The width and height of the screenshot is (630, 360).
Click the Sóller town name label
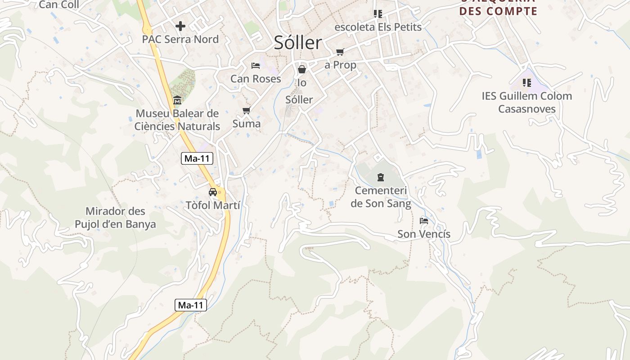coord(298,43)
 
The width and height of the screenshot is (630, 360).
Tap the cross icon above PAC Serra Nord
coord(180,26)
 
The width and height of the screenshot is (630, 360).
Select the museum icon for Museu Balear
coord(177,100)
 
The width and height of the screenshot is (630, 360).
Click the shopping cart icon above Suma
coord(246,110)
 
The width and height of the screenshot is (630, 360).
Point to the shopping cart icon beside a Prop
coord(340,52)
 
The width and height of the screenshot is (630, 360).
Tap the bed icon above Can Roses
coord(256,66)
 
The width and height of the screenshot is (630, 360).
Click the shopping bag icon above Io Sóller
coord(302,69)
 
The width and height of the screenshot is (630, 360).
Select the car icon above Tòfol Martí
coord(213,192)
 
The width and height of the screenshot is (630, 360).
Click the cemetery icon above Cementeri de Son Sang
coord(381,177)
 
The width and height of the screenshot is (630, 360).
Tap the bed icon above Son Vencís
coord(423,221)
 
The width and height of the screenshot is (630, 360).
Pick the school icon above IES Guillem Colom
coord(526,83)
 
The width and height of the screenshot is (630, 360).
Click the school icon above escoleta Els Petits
coord(378,14)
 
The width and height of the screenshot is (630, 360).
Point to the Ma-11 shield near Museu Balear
coord(197,158)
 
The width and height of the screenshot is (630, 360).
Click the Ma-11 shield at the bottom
coord(191,305)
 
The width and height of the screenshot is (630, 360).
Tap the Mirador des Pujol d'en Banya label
coord(115,218)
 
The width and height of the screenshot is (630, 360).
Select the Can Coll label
coord(59,5)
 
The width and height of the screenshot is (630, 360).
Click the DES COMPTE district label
coord(499,11)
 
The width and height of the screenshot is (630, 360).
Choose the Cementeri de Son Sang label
coord(381,197)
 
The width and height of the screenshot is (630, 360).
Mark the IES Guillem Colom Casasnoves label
coord(526,102)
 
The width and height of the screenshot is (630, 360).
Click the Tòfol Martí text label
coord(213,205)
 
